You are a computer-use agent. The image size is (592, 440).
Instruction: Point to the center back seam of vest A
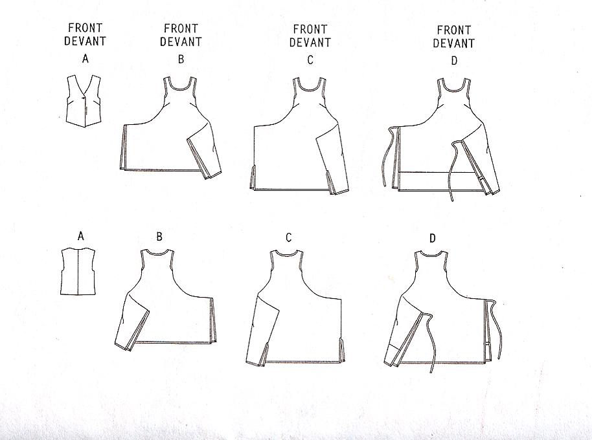(78, 272)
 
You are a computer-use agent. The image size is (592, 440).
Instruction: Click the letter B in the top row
(181, 60)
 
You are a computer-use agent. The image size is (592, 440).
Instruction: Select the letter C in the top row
(310, 60)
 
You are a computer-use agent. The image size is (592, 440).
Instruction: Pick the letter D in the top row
(453, 61)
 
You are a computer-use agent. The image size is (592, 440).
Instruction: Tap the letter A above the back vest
(81, 237)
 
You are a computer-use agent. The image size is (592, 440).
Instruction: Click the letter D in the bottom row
(433, 239)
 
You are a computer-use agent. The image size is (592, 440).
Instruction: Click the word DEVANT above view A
(86, 42)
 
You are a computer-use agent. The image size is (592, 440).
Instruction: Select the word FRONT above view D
(454, 30)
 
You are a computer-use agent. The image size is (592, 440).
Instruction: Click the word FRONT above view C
(310, 29)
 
